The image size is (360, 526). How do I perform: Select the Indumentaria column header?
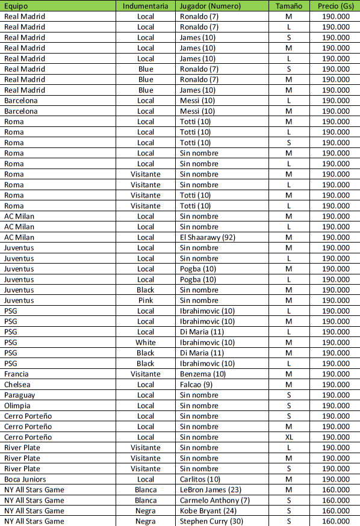pos(145,5)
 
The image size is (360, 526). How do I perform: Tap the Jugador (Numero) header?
pos(210,5)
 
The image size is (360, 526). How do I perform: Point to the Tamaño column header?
pos(289,5)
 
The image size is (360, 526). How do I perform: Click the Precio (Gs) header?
pos(335,5)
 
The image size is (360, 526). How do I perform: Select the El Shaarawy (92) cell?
pos(207,237)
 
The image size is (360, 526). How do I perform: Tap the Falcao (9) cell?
pos(197,385)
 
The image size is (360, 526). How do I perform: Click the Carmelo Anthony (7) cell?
pos(214,500)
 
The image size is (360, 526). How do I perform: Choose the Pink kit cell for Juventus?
pos(145,300)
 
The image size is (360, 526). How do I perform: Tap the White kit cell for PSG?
pos(145,342)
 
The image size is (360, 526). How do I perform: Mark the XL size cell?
pos(289,437)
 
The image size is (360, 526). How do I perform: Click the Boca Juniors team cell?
pos(25,479)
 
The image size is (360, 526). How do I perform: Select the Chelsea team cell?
pos(17,385)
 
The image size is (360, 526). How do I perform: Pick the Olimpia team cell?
pos(17,406)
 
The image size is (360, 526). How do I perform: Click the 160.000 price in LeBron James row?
pos(335,490)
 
